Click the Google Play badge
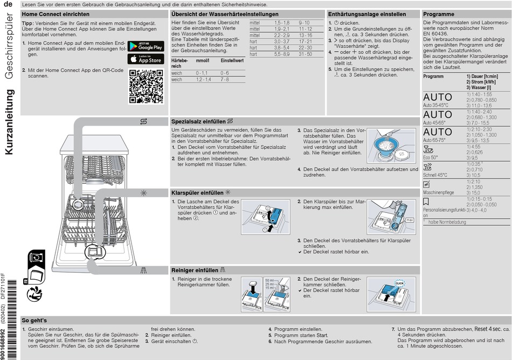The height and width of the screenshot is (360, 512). coord(146,46)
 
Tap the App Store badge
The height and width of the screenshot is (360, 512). coord(146,59)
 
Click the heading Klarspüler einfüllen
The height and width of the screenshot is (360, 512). coord(197,192)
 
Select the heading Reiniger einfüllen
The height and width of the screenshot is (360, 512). coord(195,270)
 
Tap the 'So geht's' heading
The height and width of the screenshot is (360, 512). coord(34,320)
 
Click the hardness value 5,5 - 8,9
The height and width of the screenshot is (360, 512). coord(281,54)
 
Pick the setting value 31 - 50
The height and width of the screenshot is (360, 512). coord(306,54)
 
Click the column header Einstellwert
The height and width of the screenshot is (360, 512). coord(232,61)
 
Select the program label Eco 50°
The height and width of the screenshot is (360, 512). coord(431,157)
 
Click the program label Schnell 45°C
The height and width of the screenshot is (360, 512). coord(435,175)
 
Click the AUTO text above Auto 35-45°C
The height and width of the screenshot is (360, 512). coord(438,98)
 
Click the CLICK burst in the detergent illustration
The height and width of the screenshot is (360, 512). coord(399,283)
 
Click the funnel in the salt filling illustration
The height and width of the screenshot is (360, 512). coord(384,143)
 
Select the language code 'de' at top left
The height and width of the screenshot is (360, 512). coord(9,4)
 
